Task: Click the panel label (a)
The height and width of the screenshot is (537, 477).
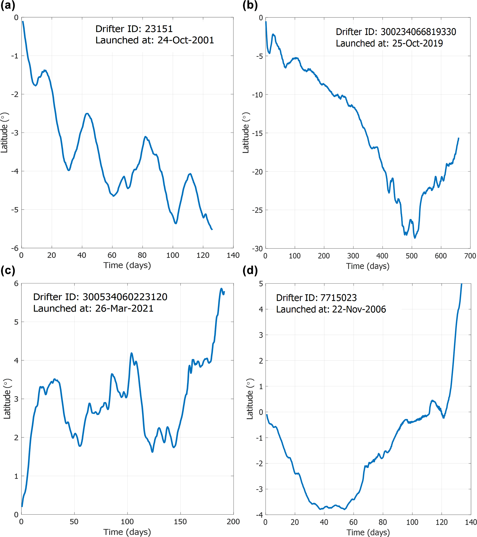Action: coord(8,5)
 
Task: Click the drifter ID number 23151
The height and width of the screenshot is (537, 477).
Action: coord(159,29)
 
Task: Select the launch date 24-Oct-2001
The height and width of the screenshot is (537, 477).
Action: coord(186,40)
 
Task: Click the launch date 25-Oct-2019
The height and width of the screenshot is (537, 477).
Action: coord(417,43)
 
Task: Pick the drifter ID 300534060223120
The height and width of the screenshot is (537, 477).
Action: coord(125,297)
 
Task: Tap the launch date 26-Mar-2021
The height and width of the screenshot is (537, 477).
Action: coord(124,309)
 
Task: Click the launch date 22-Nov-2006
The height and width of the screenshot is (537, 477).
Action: coord(359,309)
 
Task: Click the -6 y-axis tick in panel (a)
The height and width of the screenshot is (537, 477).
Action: coord(15,248)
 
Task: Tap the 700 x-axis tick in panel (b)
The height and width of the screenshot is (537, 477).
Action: coord(470,256)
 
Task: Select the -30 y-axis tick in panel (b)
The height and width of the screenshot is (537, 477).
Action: coord(257,249)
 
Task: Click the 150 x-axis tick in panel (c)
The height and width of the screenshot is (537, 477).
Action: coord(180,522)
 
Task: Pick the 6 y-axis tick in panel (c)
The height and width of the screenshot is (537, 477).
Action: coord(16,283)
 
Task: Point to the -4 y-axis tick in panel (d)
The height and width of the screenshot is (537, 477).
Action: coord(259,514)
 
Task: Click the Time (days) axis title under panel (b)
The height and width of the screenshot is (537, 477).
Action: coord(368,266)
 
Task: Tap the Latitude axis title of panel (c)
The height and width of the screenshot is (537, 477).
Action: coord(7,399)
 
